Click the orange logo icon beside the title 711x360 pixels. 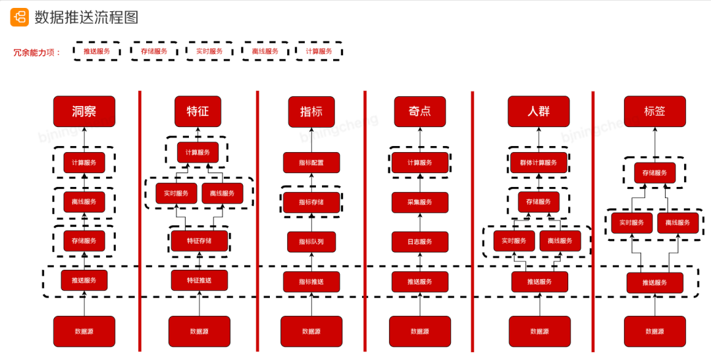click(19, 17)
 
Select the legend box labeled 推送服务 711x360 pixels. click(96, 51)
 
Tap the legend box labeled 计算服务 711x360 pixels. click(319, 51)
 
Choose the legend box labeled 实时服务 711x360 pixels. click(209, 51)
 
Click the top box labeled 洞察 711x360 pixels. click(84, 111)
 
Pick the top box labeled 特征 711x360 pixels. click(197, 111)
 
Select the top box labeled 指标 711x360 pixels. click(311, 112)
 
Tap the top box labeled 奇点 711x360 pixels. click(419, 112)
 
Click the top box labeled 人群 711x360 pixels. click(539, 111)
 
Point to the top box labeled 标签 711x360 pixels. click(654, 111)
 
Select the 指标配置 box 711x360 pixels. click(311, 163)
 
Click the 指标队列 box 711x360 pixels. click(311, 242)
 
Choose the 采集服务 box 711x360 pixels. click(419, 202)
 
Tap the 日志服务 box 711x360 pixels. click(419, 242)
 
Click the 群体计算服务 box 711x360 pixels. click(539, 163)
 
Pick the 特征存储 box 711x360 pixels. click(199, 241)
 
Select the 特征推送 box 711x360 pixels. click(199, 280)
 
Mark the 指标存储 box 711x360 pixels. click(311, 202)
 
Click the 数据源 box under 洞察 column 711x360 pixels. click(84, 331)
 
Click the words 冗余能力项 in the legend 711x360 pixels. click(37, 52)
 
